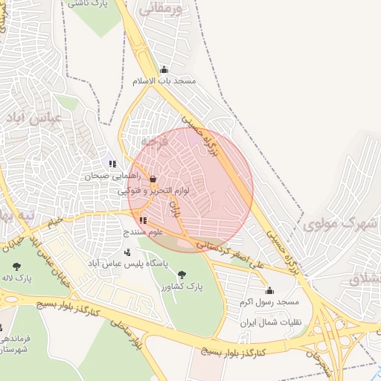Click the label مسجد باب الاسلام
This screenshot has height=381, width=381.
(x=163, y=81)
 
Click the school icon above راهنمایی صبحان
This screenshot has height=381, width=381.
(x=112, y=164)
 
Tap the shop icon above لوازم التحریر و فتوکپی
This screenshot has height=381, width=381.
(x=153, y=179)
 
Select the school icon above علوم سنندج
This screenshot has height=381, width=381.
(x=143, y=220)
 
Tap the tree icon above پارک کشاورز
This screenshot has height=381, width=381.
(x=183, y=275)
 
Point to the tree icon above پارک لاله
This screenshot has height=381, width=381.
(x=16, y=266)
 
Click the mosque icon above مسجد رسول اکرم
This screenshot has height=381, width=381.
(x=269, y=290)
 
